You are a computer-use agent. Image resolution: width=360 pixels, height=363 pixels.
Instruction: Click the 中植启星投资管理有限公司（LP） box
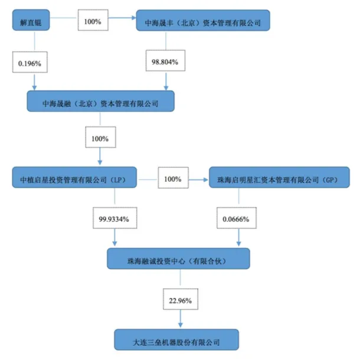(74, 178)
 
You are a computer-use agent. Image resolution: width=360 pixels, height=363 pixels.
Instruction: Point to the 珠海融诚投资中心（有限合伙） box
(178, 258)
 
